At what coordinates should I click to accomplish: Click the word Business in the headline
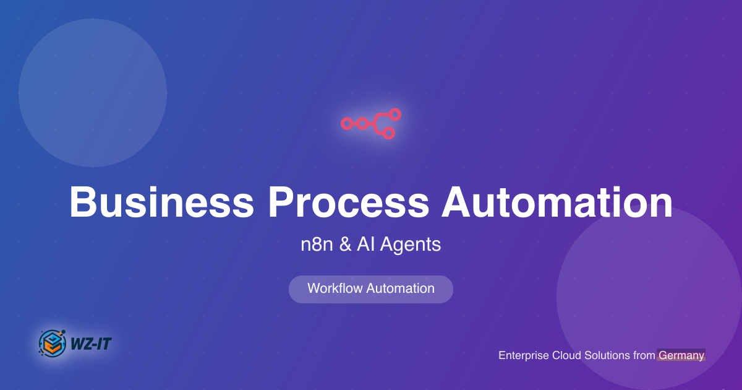point(161,202)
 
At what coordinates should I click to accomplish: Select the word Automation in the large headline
point(557,202)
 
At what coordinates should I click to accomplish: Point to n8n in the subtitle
point(317,245)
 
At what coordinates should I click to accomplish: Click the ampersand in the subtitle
point(346,245)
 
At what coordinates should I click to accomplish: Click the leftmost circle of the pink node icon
point(347,124)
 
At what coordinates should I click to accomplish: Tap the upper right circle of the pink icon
point(395,115)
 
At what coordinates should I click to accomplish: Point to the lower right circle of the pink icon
point(388,133)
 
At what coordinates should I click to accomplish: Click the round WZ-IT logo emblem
point(52,342)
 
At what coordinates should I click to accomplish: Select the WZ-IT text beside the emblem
point(91,343)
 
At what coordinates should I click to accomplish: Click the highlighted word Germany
point(681,355)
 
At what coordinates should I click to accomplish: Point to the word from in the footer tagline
point(643,355)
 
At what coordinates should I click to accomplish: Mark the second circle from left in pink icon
point(362,124)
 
